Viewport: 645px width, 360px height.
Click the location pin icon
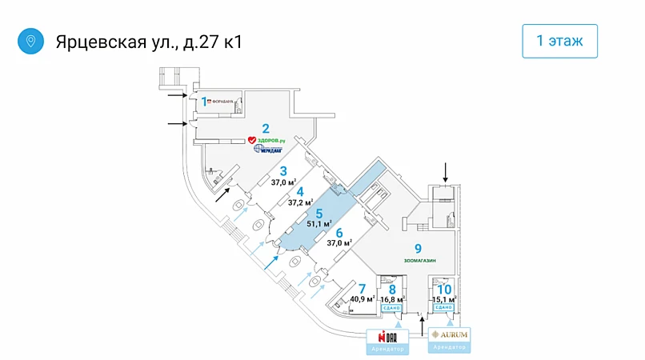pyautogui.click(x=30, y=41)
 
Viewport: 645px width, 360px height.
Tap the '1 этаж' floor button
pyautogui.click(x=559, y=41)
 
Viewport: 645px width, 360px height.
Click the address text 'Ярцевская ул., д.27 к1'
pyautogui.click(x=148, y=41)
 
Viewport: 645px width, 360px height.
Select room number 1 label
pyautogui.click(x=203, y=102)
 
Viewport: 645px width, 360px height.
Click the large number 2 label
pyautogui.click(x=265, y=127)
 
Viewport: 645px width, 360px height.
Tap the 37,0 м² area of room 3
pyautogui.click(x=283, y=182)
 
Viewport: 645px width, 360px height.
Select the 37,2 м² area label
pyautogui.click(x=300, y=202)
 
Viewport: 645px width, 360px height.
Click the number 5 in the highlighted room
pyautogui.click(x=319, y=213)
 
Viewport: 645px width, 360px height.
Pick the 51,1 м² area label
pyautogui.click(x=319, y=224)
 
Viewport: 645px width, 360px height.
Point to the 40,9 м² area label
pyautogui.click(x=363, y=299)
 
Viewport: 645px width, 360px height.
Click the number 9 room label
pyautogui.click(x=417, y=249)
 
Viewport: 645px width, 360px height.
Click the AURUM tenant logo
pyautogui.click(x=449, y=334)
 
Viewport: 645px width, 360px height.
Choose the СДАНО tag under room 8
pyautogui.click(x=391, y=308)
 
